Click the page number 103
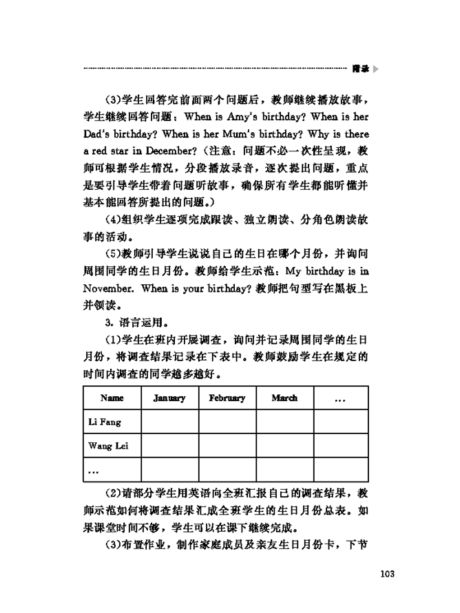click(380, 574)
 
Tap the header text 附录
click(361, 69)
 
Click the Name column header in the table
click(112, 398)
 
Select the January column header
click(169, 398)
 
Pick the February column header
click(227, 398)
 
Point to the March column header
click(284, 398)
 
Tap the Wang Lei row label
click(108, 445)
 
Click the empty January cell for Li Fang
click(169, 421)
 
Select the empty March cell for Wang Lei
click(284, 445)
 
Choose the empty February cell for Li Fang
click(227, 421)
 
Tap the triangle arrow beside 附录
click(376, 69)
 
